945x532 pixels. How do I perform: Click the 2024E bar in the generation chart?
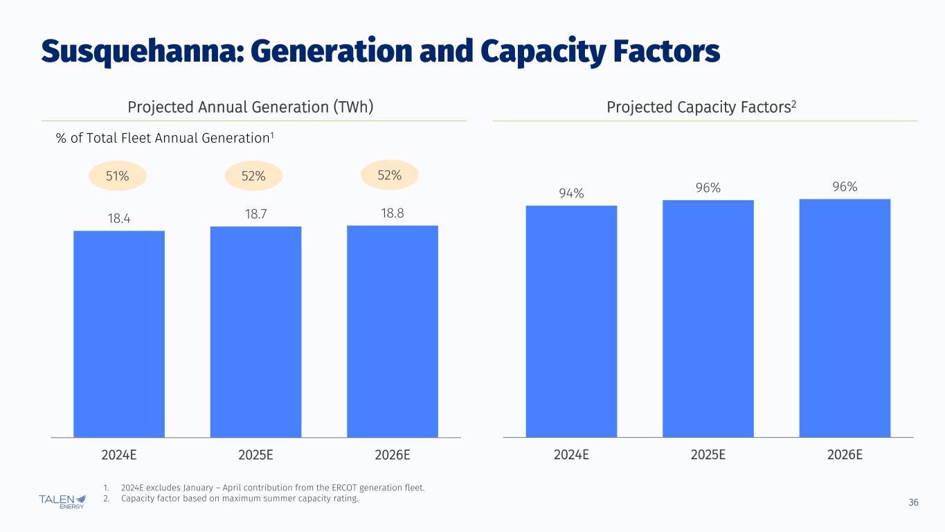coord(119,334)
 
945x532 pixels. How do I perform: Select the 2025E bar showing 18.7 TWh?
coord(255,332)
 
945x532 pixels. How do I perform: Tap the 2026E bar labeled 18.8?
coord(392,331)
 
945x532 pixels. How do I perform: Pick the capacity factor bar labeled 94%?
coord(571,321)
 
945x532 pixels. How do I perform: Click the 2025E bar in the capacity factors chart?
coord(708,319)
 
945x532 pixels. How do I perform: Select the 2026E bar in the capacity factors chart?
coord(845,318)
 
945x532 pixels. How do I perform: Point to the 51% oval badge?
coord(117,177)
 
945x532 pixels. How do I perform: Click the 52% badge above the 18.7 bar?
coord(253,177)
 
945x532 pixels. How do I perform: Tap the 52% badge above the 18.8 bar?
coord(390,175)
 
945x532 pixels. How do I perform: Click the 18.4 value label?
coord(119,218)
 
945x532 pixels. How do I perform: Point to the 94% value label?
coord(571,193)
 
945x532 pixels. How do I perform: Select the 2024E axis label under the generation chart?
coord(119,455)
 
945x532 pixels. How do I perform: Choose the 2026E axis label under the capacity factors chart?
coord(845,455)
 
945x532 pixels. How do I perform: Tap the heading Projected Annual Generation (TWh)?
coord(251,107)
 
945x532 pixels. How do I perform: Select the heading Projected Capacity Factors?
coord(703,107)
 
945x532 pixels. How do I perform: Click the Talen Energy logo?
coord(62,501)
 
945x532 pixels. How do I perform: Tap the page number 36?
coord(913,502)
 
